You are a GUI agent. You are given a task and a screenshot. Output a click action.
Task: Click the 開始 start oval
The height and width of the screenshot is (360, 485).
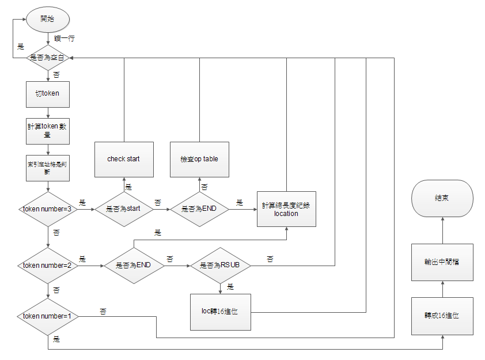[x=47, y=19]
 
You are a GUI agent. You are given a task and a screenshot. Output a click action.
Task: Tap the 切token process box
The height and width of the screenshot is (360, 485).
[x=47, y=93]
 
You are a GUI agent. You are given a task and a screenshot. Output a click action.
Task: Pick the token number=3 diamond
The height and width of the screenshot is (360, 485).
[x=47, y=209]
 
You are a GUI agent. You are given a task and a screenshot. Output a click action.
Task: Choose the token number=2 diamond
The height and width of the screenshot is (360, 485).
[x=47, y=266]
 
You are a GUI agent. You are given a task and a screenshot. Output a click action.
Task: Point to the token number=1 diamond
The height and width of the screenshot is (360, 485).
[x=47, y=316]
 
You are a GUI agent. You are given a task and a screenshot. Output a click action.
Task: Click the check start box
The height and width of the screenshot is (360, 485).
[x=124, y=159]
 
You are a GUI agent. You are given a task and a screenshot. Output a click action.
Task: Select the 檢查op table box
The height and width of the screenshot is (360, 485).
[x=199, y=159]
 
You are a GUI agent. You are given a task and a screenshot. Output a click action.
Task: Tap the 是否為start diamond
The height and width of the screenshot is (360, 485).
[x=124, y=209]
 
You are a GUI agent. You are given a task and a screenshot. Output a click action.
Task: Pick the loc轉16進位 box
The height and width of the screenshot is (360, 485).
[x=220, y=312]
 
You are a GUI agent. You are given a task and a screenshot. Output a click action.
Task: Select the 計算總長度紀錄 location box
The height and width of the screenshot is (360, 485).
[x=286, y=209]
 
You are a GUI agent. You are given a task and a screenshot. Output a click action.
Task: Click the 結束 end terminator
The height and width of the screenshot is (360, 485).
[x=442, y=198]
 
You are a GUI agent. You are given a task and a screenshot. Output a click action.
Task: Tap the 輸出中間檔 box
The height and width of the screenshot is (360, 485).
[x=442, y=262]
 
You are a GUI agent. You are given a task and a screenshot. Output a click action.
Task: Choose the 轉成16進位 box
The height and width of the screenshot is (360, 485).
[x=442, y=316]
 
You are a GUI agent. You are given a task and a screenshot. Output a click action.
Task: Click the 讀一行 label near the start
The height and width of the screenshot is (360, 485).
[x=64, y=38]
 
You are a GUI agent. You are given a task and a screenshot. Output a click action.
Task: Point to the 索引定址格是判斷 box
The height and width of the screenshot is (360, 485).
[x=47, y=166]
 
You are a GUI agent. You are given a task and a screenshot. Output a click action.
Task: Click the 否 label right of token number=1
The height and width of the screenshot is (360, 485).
[x=103, y=310]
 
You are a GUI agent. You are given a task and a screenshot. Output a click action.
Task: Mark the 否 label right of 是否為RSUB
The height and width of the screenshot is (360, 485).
[x=270, y=259]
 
